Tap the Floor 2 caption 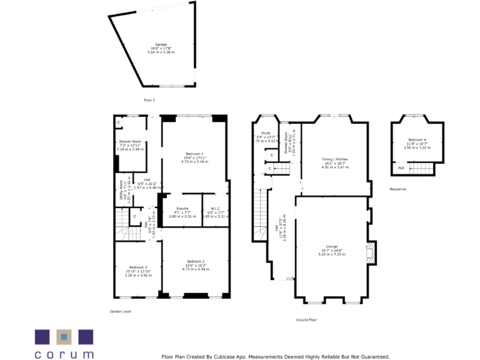pos(149,100)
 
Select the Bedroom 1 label pos(195,154)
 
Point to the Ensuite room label pos(182,207)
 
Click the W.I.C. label pos(216,207)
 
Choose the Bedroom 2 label pos(195,261)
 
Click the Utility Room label pos(121,189)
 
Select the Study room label pos(266,133)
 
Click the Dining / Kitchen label pos(334,160)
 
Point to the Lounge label pos(332,247)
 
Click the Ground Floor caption pos(307,319)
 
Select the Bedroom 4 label pos(417,140)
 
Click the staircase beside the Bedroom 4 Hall pos(424,167)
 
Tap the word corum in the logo pos(64,354)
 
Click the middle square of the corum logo pos(64,337)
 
